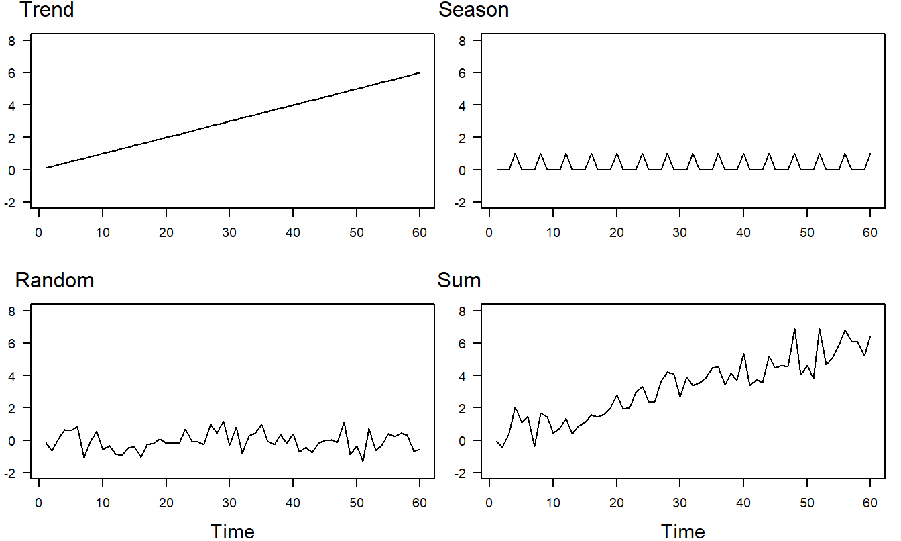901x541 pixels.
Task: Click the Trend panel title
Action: point(47,10)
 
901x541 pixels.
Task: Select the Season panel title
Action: point(473,10)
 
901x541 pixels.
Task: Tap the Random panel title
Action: point(54,280)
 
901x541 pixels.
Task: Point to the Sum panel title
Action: point(459,280)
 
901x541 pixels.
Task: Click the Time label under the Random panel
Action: point(233,532)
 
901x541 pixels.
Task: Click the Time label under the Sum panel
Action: point(683,532)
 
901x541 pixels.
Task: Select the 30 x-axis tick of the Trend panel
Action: point(229,232)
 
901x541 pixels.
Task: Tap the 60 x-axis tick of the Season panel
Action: point(870,232)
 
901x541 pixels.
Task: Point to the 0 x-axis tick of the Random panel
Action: point(39,502)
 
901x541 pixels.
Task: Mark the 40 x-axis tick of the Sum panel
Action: point(743,502)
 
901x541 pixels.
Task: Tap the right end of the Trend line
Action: point(420,72)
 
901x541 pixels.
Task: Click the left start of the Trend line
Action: point(46,168)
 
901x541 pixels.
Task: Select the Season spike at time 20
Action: point(617,154)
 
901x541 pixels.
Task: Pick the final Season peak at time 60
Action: point(870,154)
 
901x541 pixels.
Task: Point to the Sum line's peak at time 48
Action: point(794,329)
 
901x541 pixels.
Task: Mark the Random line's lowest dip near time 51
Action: point(363,461)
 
